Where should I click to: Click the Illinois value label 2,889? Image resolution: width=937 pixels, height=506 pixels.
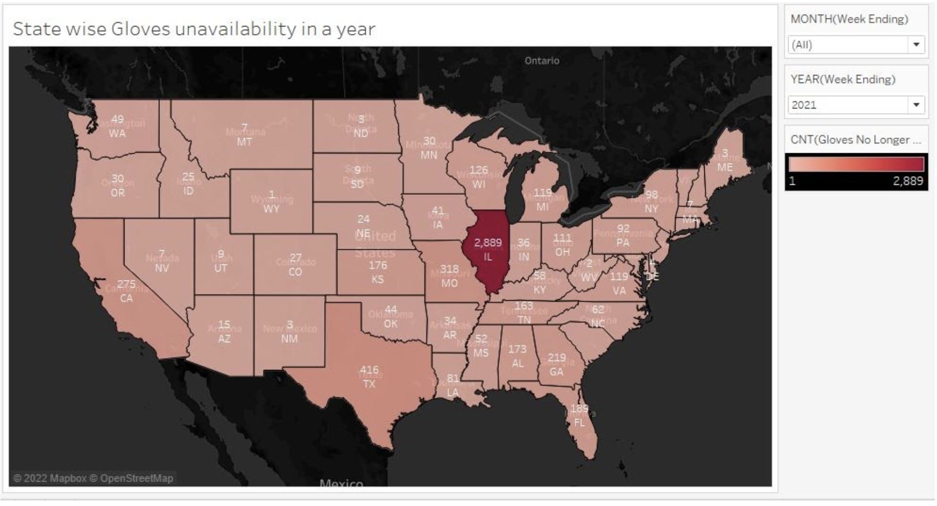coord(487,242)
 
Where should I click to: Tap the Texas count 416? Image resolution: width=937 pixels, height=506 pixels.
coord(369,370)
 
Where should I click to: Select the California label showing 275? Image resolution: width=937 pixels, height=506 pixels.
coord(126,284)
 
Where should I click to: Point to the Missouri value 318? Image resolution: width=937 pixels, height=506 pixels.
coord(450,269)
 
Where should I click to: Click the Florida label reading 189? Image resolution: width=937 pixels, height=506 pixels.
coord(579,408)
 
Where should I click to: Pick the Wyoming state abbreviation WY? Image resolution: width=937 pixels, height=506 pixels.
coord(271,209)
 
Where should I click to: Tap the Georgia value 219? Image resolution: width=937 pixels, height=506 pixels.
coord(556,357)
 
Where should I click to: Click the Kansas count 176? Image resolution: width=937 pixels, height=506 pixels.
coord(378,265)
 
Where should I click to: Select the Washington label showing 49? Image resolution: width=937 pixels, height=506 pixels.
coord(117,119)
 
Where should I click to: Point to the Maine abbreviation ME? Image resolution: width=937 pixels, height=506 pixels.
coord(725,167)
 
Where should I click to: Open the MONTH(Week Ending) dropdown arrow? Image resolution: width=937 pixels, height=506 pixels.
coord(916,45)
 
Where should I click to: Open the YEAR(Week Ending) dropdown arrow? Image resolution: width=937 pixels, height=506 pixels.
coord(916,105)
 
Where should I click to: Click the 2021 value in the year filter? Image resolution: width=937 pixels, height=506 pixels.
coord(804,105)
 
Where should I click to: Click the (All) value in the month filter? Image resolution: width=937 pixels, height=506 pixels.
coord(802,45)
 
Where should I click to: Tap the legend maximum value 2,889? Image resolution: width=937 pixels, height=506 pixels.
coord(908,181)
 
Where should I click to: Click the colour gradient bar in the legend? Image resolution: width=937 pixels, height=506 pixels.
coord(856,164)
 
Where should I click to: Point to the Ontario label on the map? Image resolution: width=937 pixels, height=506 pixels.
coord(542,61)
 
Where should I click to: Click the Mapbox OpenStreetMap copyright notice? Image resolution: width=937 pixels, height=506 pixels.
coord(93,478)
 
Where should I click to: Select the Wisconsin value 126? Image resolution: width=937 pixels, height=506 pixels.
coord(479,170)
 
